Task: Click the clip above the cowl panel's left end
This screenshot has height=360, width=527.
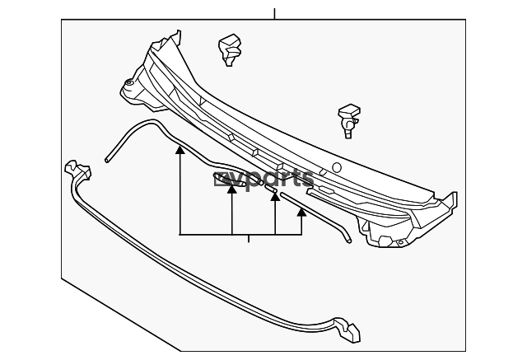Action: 230,49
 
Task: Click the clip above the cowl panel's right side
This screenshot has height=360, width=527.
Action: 349,120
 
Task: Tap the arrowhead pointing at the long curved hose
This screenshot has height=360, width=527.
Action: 180,150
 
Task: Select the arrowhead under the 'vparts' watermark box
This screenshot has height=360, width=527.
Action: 232,189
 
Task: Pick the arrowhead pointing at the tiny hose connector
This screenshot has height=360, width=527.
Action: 275,197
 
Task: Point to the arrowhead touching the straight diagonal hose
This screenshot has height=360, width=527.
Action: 301,212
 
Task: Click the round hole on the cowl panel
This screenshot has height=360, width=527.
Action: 337,167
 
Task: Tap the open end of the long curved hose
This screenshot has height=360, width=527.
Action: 107,160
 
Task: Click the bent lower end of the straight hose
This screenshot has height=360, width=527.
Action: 347,238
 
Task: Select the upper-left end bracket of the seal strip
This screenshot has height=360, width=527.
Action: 78,170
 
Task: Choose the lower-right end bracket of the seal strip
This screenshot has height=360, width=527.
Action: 347,329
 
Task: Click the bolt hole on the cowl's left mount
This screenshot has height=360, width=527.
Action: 128,82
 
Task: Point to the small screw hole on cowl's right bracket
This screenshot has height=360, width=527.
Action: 400,242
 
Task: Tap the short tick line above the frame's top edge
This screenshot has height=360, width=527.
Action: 274,14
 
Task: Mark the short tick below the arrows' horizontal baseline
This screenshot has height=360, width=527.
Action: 249,239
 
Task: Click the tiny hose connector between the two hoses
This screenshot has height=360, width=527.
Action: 271,189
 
